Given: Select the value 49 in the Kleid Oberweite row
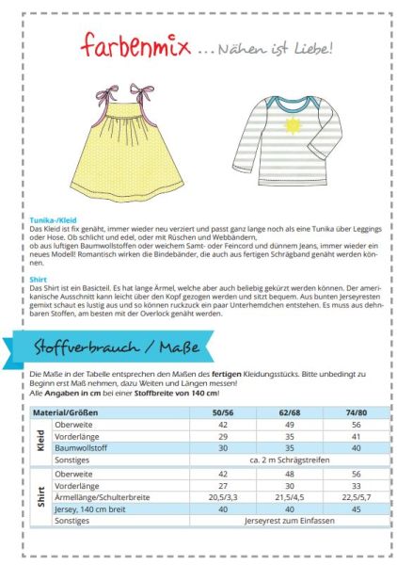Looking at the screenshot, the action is [x=289, y=424].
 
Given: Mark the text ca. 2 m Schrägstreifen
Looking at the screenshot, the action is [x=289, y=460].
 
